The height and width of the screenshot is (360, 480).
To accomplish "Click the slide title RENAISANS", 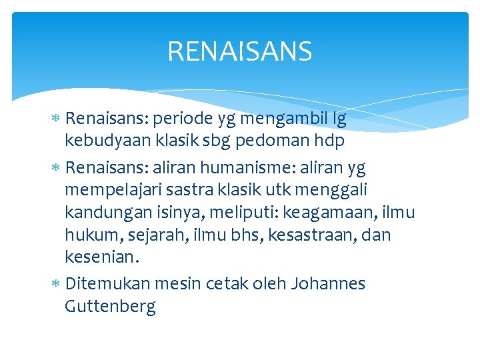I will [x=239, y=51].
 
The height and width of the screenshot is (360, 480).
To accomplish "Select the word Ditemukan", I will [x=108, y=283].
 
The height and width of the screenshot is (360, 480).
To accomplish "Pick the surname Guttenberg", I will [x=110, y=307].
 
